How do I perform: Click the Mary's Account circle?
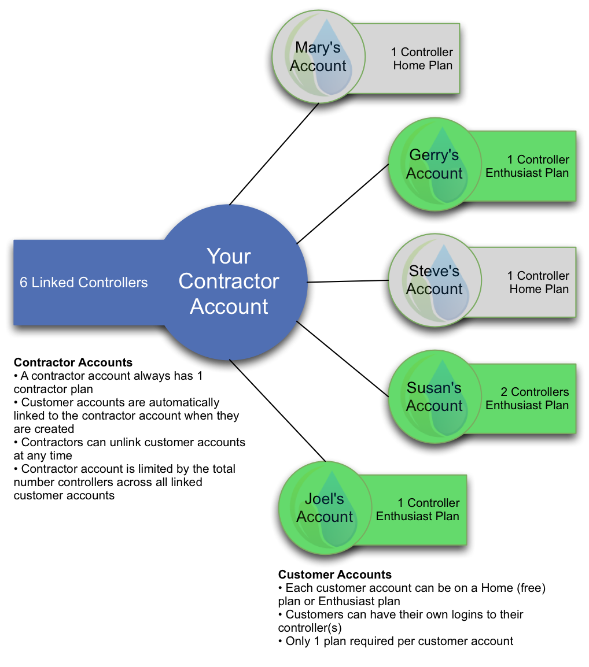pyautogui.click(x=319, y=56)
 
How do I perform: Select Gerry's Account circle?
pyautogui.click(x=435, y=164)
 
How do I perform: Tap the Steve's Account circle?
pyautogui.click(x=435, y=280)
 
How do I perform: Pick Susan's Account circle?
pyautogui.click(x=435, y=397)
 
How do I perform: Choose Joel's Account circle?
pyautogui.click(x=325, y=508)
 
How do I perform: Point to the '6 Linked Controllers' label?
pyautogui.click(x=83, y=283)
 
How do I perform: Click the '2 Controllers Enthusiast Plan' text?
pyautogui.click(x=527, y=399)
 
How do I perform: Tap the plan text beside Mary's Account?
pyautogui.click(x=422, y=59)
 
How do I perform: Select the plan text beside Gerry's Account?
pyautogui.click(x=527, y=166)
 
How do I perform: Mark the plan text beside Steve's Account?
pyautogui.click(x=538, y=283)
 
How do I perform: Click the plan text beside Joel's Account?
pyautogui.click(x=417, y=510)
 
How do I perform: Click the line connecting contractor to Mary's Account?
pyautogui.click(x=274, y=154)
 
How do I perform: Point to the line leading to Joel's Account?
pyautogui.click(x=277, y=410)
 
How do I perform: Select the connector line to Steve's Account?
pyautogui.click(x=348, y=281)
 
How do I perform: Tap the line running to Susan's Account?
pyautogui.click(x=343, y=359)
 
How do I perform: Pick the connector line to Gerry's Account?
pyautogui.click(x=343, y=204)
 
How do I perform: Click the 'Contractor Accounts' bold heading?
pyautogui.click(x=73, y=362)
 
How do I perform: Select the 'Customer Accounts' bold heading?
pyautogui.click(x=335, y=575)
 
